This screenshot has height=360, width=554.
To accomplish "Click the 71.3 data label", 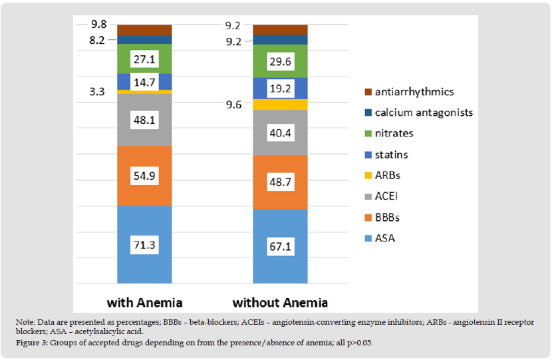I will click(144, 245).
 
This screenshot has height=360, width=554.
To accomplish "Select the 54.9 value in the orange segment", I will click(144, 177).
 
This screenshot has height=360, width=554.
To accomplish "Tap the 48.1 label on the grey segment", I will click(144, 120).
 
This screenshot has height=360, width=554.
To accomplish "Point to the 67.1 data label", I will click(280, 247).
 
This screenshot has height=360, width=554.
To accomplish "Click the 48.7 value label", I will click(280, 182).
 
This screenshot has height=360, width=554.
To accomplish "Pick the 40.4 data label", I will click(280, 132).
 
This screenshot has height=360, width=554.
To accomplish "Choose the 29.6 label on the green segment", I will click(280, 61).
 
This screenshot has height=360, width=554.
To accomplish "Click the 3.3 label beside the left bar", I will click(97, 91).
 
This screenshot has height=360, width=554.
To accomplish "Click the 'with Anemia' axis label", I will click(144, 302).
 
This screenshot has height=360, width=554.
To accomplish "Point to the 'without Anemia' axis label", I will click(280, 302).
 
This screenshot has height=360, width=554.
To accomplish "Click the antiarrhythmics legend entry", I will click(413, 92).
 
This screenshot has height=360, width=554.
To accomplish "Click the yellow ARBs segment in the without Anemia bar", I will click(280, 104).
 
